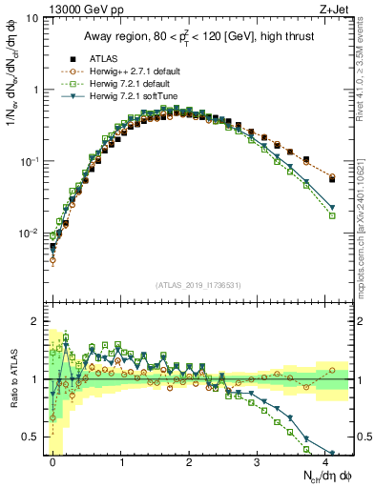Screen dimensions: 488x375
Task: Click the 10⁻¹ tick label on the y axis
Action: (x=29, y=161)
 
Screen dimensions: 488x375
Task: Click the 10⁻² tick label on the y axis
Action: (x=29, y=234)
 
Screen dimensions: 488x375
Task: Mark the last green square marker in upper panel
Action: (x=332, y=216)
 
